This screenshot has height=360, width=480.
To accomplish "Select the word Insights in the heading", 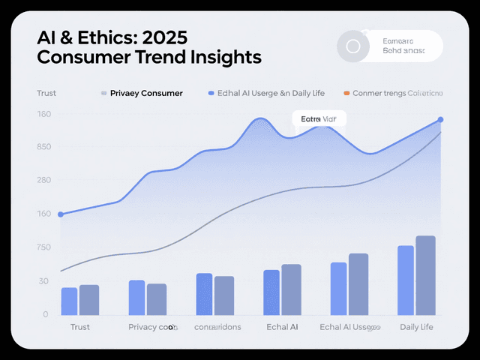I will point(225,56).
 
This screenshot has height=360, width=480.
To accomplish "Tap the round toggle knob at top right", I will point(352,46).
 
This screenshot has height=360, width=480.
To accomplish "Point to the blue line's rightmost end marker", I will point(440,120).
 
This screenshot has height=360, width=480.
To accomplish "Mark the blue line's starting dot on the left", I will point(61,214).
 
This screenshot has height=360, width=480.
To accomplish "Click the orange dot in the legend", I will point(346,94).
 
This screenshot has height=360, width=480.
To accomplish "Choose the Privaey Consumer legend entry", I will point(145,94).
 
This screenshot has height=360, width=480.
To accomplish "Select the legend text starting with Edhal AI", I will point(268,94).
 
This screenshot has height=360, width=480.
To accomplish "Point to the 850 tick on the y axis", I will point(44,146).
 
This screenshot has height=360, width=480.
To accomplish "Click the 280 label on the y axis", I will point(44,180).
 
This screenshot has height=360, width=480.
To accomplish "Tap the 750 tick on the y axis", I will point(44,247).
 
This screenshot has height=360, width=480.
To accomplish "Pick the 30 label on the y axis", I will point(44,281).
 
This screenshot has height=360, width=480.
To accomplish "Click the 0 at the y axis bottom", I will point(46,314).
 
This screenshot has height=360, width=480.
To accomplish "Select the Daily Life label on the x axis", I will point(416,327).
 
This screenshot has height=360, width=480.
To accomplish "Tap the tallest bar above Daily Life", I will point(426,275).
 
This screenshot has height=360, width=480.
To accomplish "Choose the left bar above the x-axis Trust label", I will point(70,301).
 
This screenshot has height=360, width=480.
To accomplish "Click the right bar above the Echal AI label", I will point(291,289).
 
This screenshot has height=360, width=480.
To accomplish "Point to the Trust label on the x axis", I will point(79,327).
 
